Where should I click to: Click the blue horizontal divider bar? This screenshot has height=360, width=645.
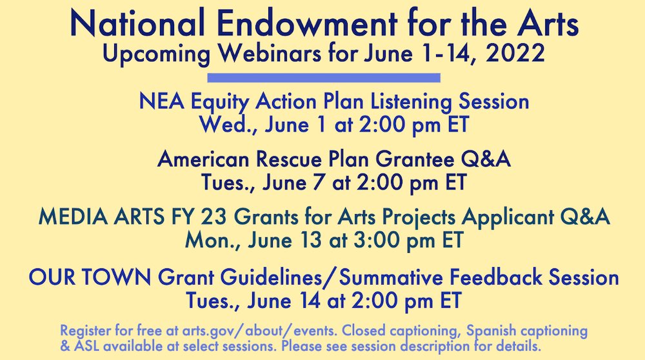[x=324, y=77]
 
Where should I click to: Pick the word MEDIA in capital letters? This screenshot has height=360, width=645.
[x=68, y=218]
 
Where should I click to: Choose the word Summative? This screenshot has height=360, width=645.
[x=392, y=278]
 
